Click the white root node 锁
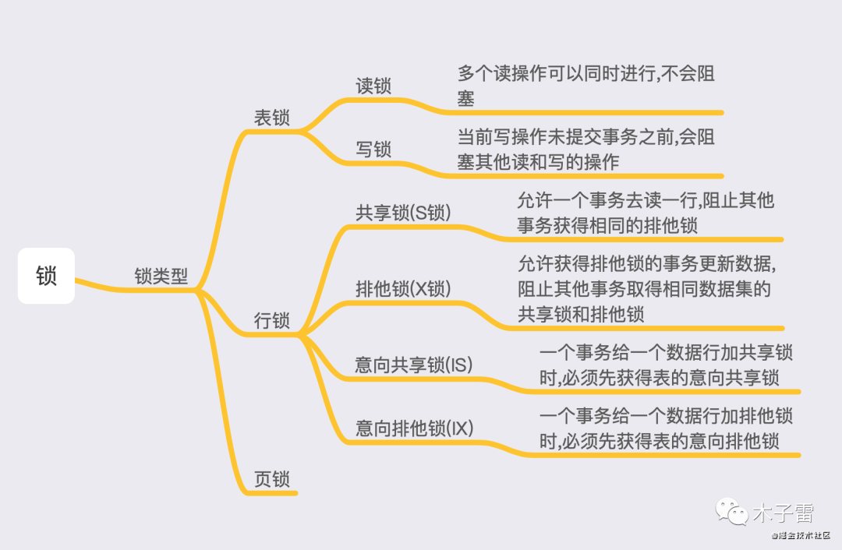tap(46, 276)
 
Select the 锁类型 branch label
tap(161, 277)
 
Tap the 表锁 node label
tap(272, 118)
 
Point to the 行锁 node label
tap(272, 320)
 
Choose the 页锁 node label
tap(272, 479)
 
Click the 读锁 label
tap(373, 86)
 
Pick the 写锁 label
tap(373, 149)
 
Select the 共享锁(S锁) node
tap(403, 212)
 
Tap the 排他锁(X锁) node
tap(403, 288)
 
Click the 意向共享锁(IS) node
tap(414, 364)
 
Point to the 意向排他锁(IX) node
tap(415, 428)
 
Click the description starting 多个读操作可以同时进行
tap(586, 86)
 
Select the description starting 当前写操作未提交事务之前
tap(586, 150)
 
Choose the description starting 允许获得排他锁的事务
tap(646, 288)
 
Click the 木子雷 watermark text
tap(783, 513)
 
